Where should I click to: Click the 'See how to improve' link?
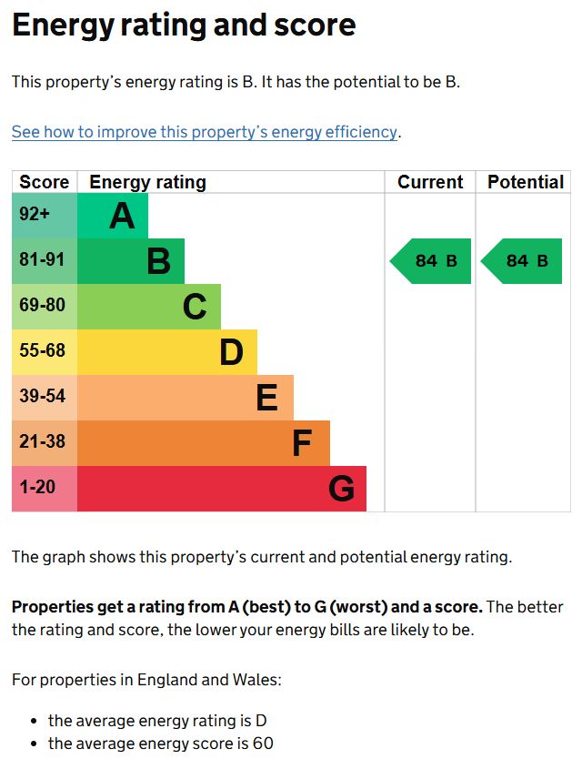(x=205, y=132)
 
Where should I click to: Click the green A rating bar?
(x=113, y=216)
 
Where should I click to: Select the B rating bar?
(x=131, y=261)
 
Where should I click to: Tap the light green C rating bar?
(x=149, y=307)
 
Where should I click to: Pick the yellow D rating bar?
(x=167, y=352)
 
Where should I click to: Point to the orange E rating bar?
(x=186, y=398)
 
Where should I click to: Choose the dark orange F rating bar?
(x=204, y=443)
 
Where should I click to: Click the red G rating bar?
(x=222, y=489)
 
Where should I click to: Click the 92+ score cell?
(x=44, y=216)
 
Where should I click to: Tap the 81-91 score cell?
(x=44, y=261)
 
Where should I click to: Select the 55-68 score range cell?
(x=44, y=352)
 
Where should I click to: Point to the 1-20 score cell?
(x=44, y=489)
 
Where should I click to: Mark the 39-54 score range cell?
(x=44, y=398)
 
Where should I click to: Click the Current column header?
(x=430, y=182)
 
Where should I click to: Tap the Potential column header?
(x=525, y=182)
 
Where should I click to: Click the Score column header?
(x=44, y=182)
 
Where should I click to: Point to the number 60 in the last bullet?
(x=263, y=744)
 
